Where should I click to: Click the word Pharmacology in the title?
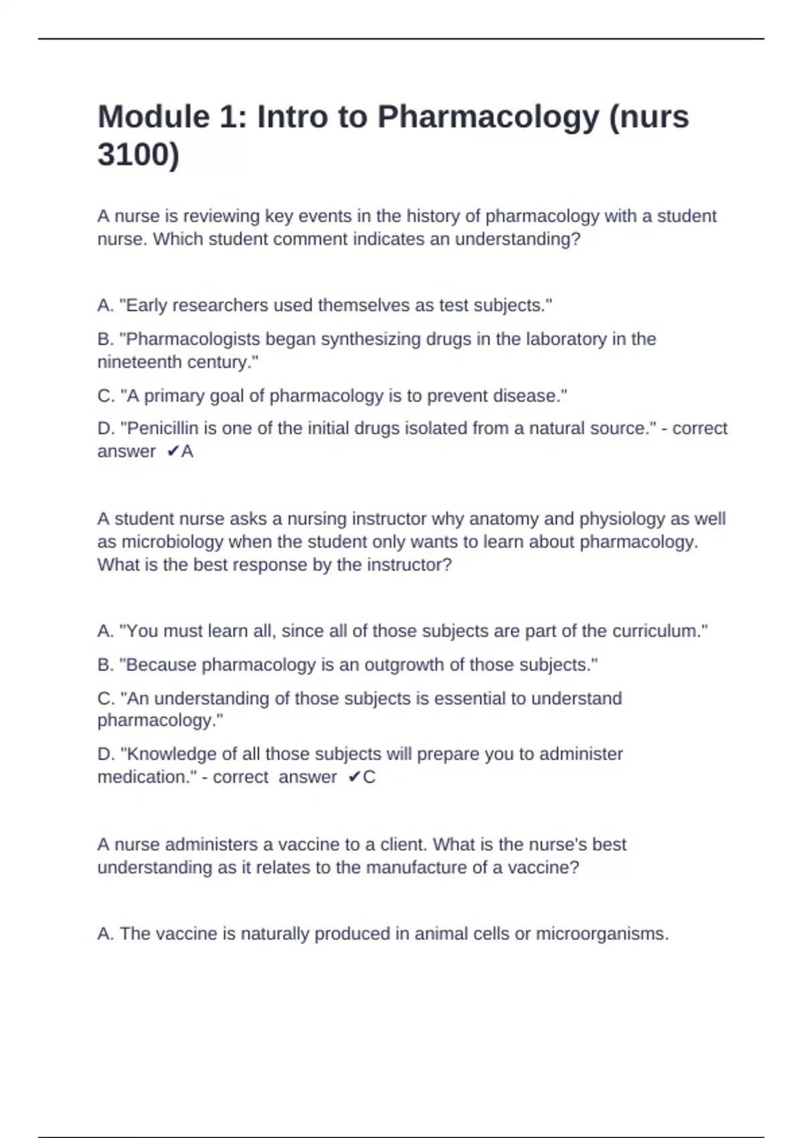coord(488,117)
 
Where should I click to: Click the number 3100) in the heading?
coord(139,155)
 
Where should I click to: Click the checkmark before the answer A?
coord(173,452)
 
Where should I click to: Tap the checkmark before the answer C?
coord(354,777)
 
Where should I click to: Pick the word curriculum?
coord(659,631)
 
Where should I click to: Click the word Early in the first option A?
coord(144,306)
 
